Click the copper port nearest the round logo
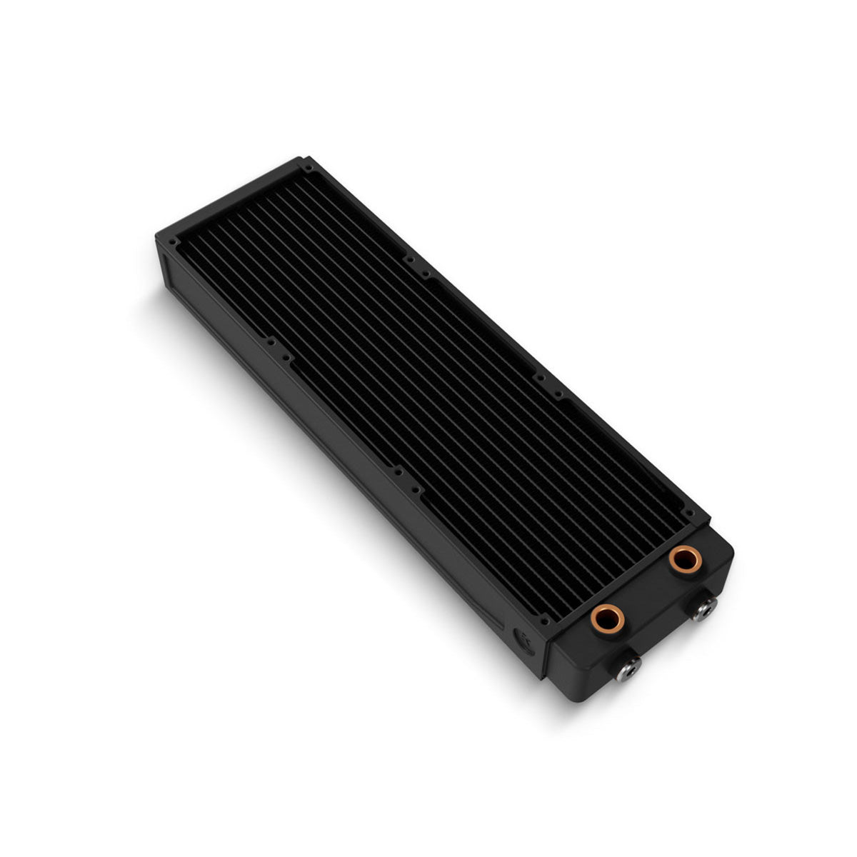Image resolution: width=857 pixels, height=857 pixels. pos(607,618)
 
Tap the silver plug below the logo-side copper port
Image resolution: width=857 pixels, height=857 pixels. pos(628,666)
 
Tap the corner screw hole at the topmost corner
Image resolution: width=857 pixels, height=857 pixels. pos(309,169)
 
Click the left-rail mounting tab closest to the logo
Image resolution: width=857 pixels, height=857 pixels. pos(395,473)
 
